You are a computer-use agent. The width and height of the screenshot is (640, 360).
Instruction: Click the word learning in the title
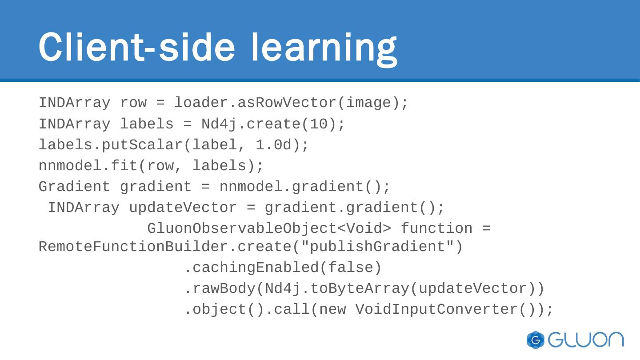324,48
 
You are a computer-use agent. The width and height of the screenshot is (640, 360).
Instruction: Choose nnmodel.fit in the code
88,166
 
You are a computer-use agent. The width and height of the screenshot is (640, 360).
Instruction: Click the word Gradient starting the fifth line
74,187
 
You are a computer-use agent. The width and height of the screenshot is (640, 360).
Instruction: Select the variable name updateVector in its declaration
183,208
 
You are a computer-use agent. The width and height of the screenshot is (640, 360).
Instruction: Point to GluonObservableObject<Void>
269,229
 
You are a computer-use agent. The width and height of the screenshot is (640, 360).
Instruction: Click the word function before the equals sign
436,229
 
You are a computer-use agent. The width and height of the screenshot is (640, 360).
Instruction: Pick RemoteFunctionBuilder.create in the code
164,247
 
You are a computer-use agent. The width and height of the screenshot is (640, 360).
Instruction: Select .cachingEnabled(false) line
283,268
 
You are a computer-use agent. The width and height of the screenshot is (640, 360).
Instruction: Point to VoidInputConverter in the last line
436,310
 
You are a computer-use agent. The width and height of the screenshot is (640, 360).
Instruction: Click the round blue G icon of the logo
536,340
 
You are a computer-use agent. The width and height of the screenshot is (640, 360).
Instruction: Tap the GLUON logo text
586,340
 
